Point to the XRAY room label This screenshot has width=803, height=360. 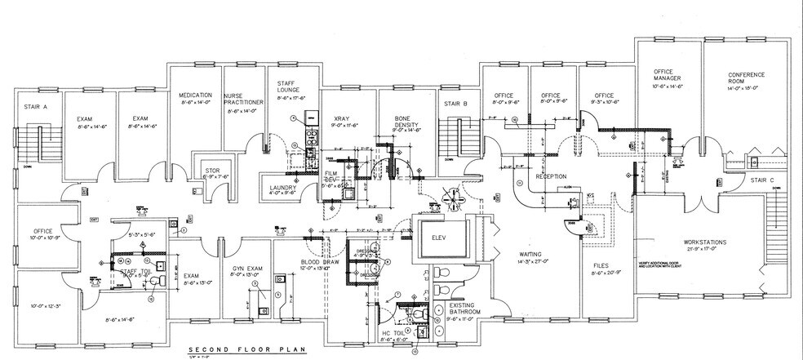[339, 118]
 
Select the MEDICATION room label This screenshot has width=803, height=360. [195, 95]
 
